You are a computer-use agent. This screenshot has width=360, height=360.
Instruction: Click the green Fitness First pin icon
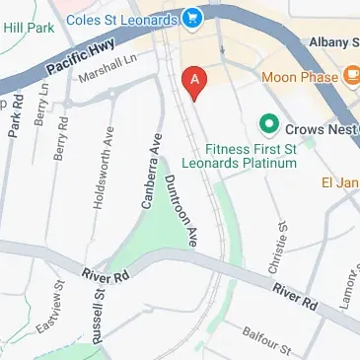coord(266,125)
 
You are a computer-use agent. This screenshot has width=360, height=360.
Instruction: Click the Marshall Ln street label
coord(108,72)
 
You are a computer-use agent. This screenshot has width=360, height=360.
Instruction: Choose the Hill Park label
coord(30,30)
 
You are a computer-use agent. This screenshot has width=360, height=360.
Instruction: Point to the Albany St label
coord(330,42)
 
